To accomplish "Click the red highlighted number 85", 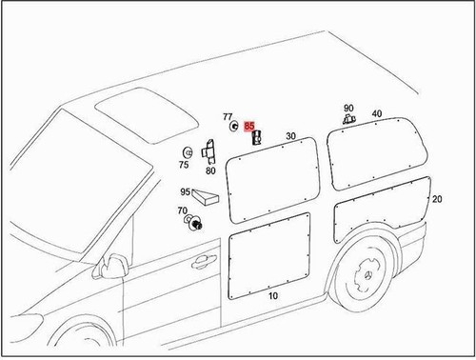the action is (248, 126).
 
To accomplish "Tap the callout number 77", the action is (228, 118).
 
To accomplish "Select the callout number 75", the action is (183, 164).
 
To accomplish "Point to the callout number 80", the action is (210, 171).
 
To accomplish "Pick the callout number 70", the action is (182, 210).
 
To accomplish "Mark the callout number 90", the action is (348, 109).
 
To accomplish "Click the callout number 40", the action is (377, 114).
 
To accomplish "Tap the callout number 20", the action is (437, 199).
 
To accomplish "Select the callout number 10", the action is (273, 297).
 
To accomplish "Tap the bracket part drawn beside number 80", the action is (209, 151).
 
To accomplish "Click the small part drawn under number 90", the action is (348, 121).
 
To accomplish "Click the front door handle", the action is (204, 260).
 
